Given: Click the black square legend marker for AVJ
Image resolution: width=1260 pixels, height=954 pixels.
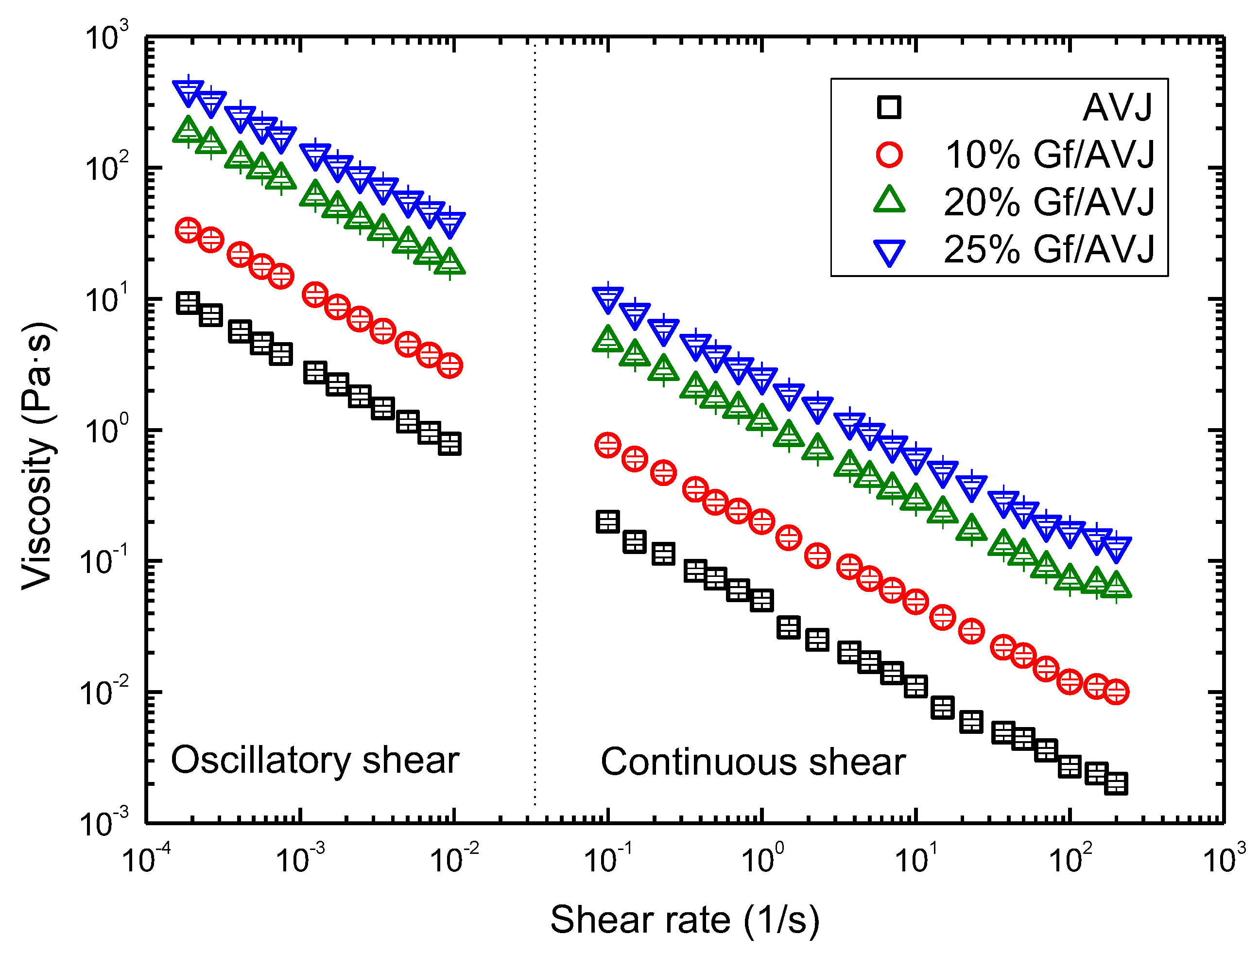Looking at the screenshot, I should pos(889,107).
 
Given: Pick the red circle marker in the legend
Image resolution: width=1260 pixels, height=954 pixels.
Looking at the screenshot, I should pos(889,155).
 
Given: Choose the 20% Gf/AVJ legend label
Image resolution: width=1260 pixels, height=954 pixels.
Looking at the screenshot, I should pos(1049,202).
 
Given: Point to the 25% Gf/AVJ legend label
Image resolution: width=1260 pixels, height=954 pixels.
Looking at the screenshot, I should pos(1049,249).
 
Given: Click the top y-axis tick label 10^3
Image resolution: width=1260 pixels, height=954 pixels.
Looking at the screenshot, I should pos(106,39).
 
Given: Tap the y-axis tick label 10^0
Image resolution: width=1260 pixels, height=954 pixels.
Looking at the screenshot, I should pos(106,431).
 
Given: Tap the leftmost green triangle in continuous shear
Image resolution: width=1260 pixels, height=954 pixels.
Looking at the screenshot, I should pos(608,340).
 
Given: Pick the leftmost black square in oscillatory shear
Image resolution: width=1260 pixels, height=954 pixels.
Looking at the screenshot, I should pos(189,303).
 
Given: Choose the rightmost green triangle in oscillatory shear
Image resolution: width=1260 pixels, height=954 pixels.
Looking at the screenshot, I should pos(450,262).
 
